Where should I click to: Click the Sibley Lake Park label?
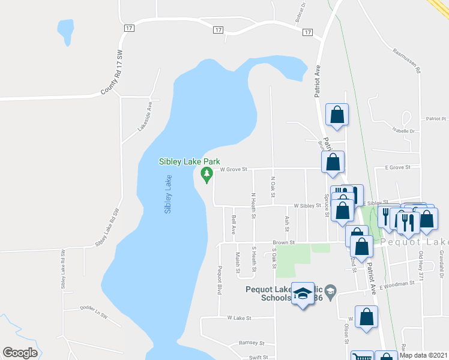[x=190, y=161]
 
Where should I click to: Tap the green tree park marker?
[x=206, y=175]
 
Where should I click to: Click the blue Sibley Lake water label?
[x=169, y=194]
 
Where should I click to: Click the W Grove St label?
[x=234, y=169]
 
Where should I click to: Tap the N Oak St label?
[x=273, y=187]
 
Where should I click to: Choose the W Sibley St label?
[x=307, y=205]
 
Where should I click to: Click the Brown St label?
[x=284, y=243]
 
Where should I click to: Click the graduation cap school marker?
[x=303, y=295]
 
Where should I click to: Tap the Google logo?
[x=20, y=353]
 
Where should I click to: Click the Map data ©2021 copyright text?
[x=423, y=355]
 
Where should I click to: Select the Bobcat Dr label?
[x=300, y=13]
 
